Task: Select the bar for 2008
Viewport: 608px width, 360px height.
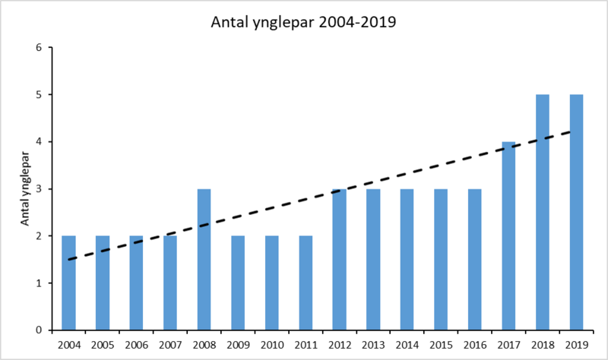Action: tap(204, 260)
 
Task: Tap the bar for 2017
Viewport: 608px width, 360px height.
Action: tap(509, 236)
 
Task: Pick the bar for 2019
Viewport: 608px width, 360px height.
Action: tap(577, 213)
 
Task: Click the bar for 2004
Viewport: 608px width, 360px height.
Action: tap(69, 283)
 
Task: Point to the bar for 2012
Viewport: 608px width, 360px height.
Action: tap(340, 260)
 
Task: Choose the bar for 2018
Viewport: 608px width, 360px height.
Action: tap(543, 213)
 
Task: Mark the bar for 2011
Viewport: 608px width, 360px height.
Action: tap(306, 283)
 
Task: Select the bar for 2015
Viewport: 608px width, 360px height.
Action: tap(442, 260)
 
